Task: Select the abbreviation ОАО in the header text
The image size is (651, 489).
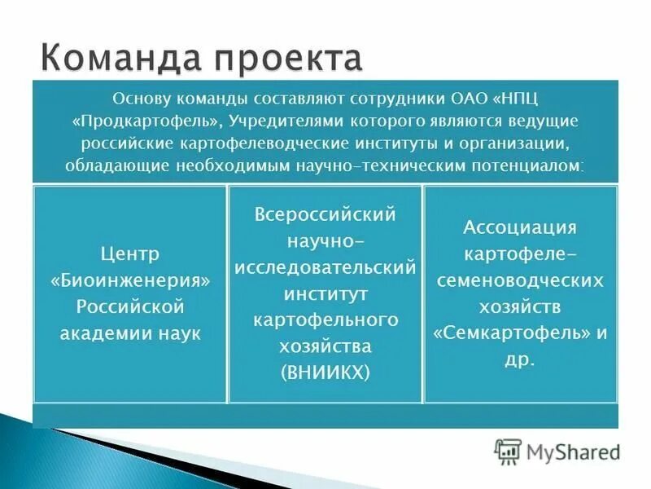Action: tap(469, 99)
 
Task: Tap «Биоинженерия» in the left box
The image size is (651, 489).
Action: tap(129, 280)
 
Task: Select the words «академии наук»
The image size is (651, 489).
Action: tap(129, 334)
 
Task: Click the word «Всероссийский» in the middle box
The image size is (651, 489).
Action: tap(325, 215)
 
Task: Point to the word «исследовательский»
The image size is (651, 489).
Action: tap(325, 267)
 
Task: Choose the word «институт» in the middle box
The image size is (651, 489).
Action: tap(325, 293)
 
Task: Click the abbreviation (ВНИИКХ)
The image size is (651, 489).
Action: tap(325, 372)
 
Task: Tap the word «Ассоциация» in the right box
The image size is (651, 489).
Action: tap(520, 227)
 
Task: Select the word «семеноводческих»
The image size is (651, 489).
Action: tap(520, 280)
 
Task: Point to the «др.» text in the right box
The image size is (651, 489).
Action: tap(520, 360)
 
